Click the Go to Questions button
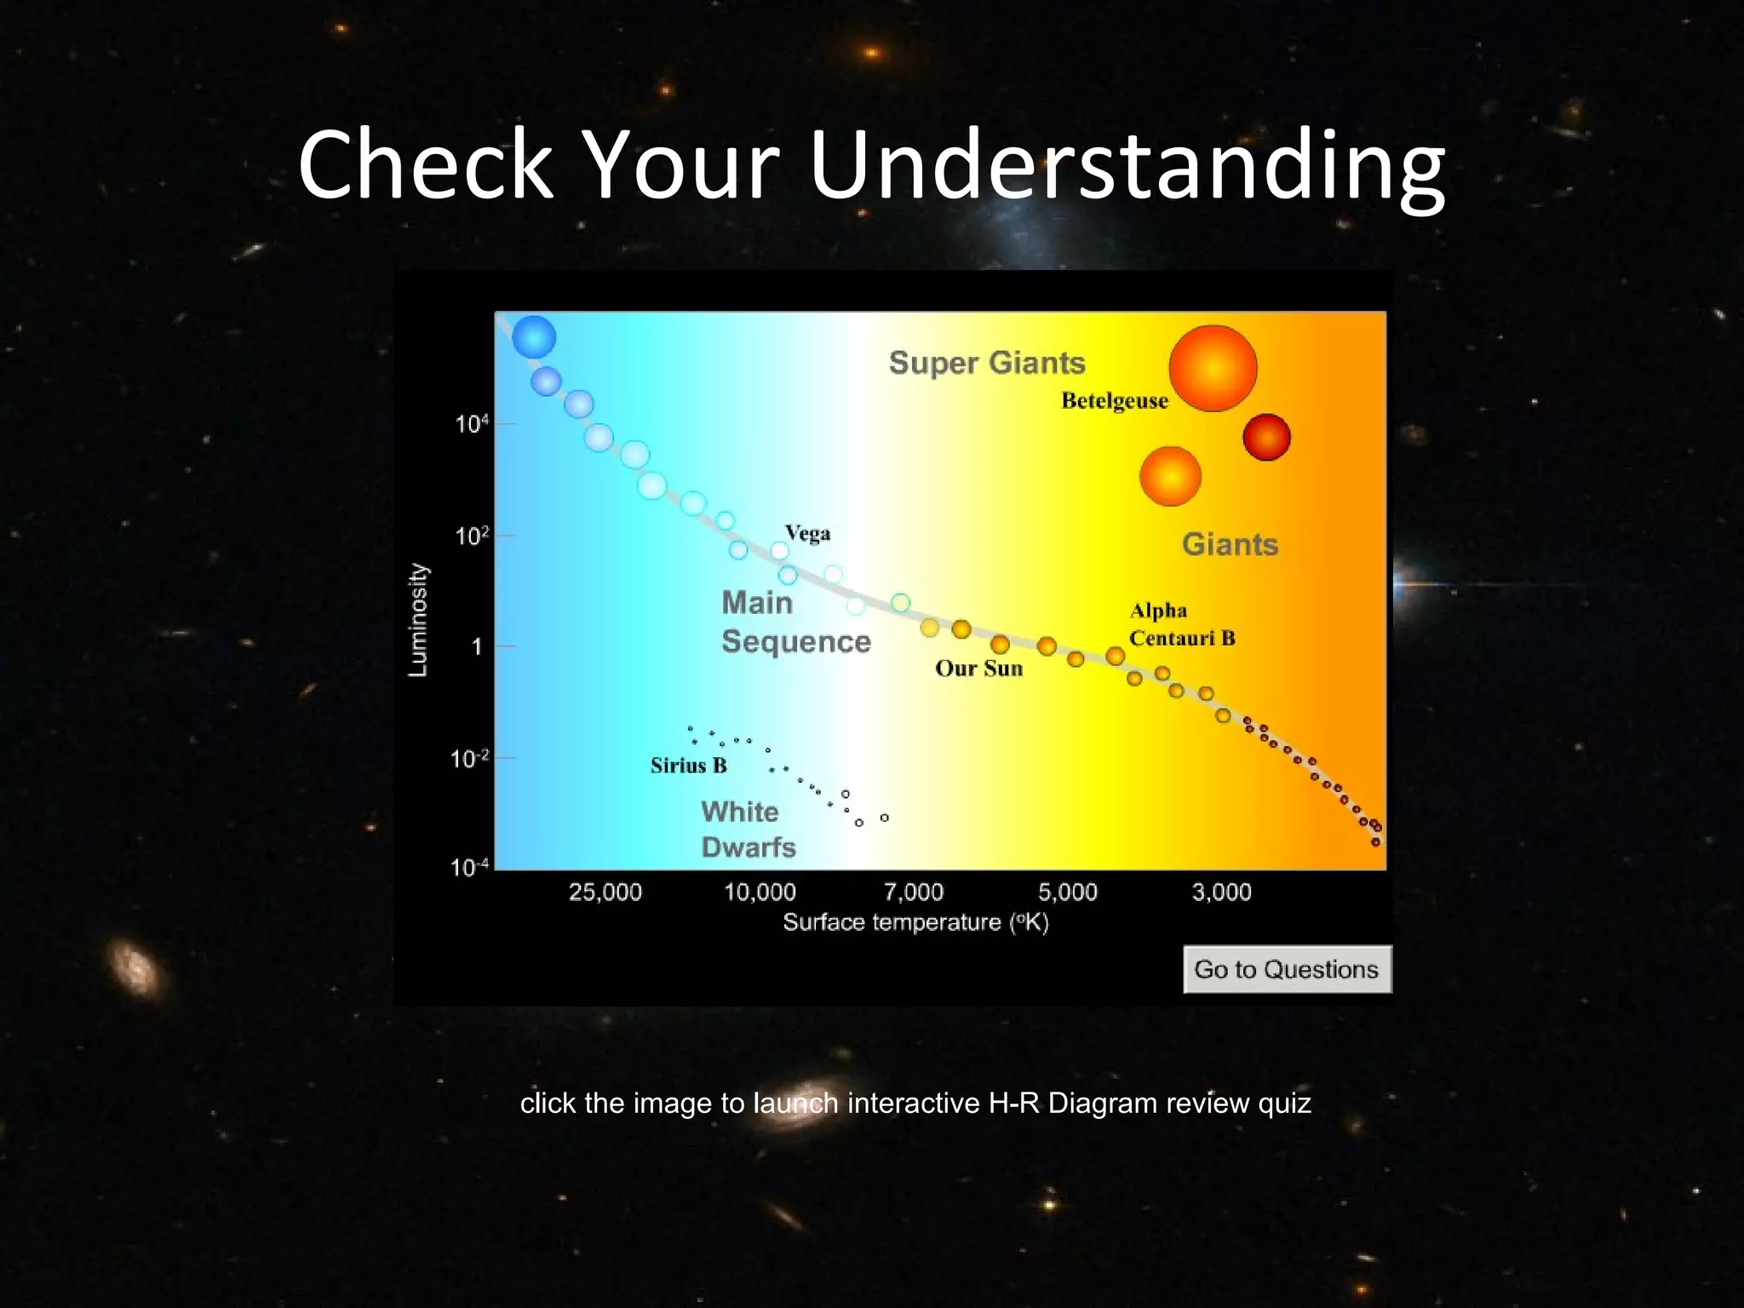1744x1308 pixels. point(1287,969)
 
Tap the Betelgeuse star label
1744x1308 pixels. point(1114,400)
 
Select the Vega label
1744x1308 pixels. point(807,534)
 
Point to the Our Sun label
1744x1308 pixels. point(978,668)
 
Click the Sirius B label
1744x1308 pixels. point(688,766)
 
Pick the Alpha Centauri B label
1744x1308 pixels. point(1181,624)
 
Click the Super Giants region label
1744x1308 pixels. point(987,363)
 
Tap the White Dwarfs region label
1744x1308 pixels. point(748,829)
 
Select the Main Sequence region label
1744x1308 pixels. point(795,622)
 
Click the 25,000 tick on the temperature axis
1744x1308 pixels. point(605,892)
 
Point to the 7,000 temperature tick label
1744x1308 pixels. point(914,892)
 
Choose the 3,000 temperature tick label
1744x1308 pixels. point(1221,892)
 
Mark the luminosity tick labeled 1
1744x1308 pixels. point(477,647)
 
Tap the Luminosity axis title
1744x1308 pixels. point(417,620)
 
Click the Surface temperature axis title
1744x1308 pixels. point(915,922)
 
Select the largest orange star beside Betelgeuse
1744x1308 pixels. point(1213,368)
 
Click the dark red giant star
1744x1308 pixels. point(1266,437)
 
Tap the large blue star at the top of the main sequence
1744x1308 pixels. point(534,336)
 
